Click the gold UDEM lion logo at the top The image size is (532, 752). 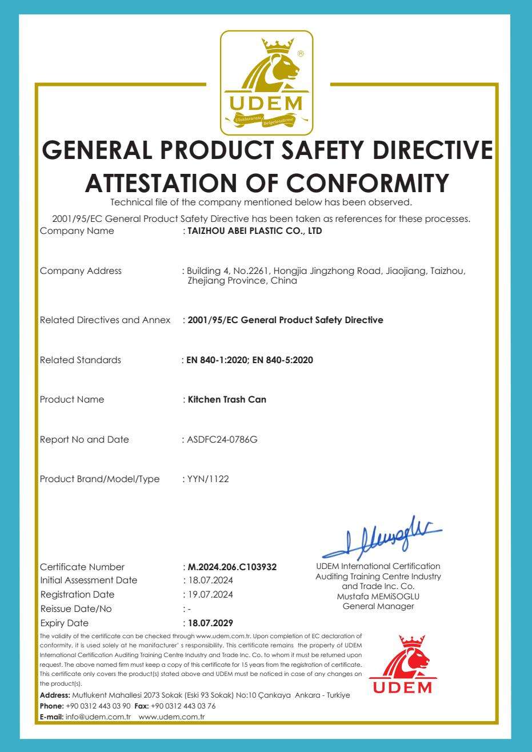tap(267, 82)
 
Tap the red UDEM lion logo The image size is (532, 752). tap(403, 665)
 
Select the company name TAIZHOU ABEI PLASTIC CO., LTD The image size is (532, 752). tap(251, 232)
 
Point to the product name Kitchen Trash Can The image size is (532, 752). tap(227, 400)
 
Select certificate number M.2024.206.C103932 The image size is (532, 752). tap(232, 567)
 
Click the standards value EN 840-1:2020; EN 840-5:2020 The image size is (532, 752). tap(250, 360)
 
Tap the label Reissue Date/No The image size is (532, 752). tap(76, 608)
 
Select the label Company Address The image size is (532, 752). tap(81, 271)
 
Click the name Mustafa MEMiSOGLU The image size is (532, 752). tap(378, 596)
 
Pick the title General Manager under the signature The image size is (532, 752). tap(378, 606)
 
